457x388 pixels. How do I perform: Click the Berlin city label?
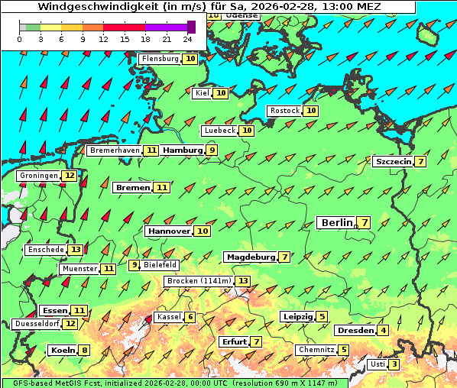coord(336,222)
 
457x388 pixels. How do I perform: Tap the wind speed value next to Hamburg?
coord(212,150)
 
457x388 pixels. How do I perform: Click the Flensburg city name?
coord(160,59)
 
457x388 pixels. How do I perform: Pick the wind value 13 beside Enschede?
coord(75,250)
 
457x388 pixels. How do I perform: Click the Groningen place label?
coord(39,176)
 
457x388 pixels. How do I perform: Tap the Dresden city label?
coord(355,330)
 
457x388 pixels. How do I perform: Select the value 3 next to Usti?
coord(394,364)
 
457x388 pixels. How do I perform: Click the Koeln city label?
coord(62,350)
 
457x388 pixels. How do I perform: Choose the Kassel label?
coord(168,317)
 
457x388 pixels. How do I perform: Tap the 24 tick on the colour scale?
coord(187,39)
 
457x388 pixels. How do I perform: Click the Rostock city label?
coord(285,111)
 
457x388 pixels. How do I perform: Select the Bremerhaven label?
coord(115,150)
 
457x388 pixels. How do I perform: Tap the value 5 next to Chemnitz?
coord(344,350)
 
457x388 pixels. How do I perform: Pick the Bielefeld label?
coord(160,265)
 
